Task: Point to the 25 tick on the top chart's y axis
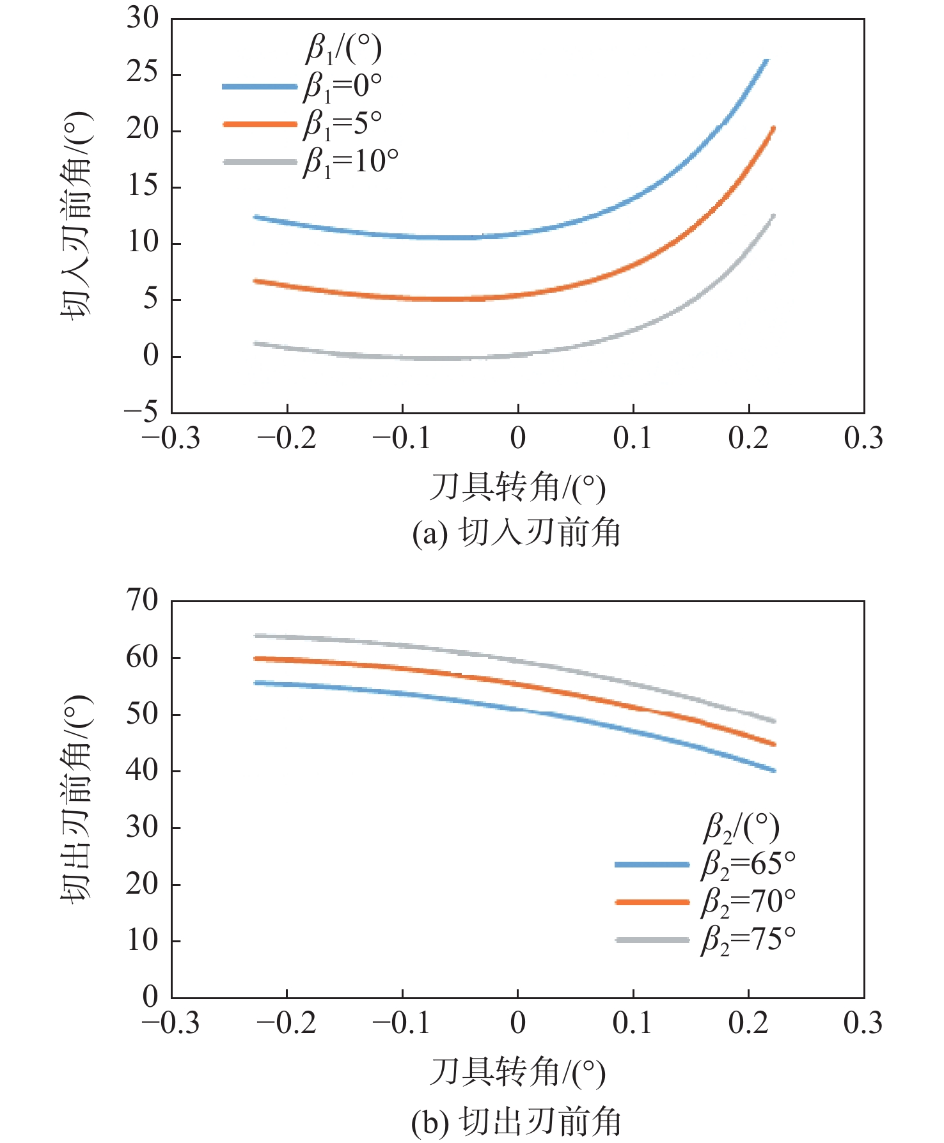(x=142, y=74)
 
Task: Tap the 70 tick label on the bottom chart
(x=142, y=600)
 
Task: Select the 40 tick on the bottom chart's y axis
(x=142, y=770)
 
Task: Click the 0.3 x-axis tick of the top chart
(x=863, y=439)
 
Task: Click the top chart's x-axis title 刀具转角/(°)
(x=517, y=488)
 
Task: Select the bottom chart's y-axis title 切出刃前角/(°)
(x=76, y=798)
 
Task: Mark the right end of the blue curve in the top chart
(x=767, y=60)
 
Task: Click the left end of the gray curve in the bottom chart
(x=256, y=635)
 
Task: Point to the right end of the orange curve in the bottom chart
(x=774, y=744)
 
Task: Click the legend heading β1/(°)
(x=343, y=49)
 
